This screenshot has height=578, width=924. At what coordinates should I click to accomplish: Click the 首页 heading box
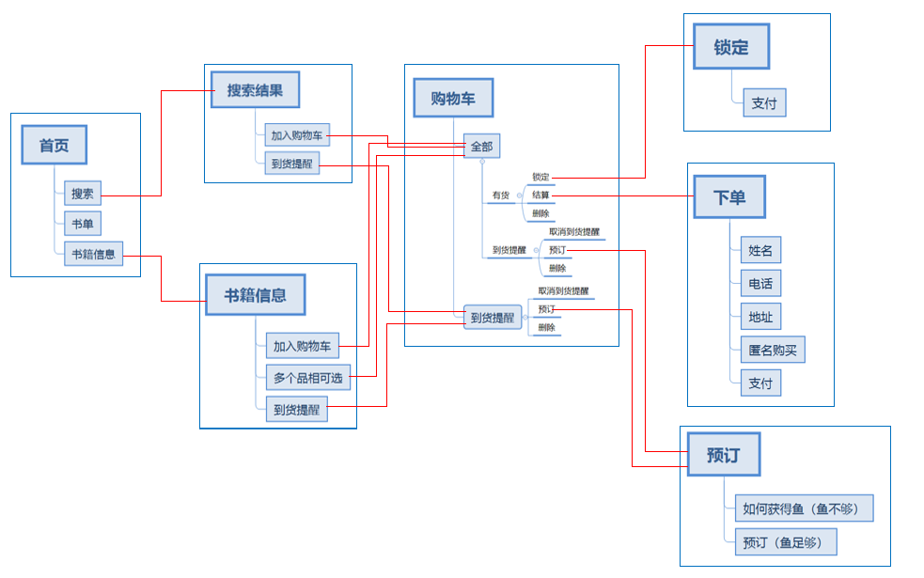click(55, 146)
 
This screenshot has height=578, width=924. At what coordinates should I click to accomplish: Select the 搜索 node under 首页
click(83, 195)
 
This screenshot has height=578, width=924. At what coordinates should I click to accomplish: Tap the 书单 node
click(83, 224)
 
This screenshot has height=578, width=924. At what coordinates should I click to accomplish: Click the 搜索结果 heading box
click(255, 91)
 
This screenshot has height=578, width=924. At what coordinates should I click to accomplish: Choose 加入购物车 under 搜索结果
click(296, 135)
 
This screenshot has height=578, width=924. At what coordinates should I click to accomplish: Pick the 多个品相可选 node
click(307, 379)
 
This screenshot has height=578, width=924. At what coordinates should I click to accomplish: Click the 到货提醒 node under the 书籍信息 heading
click(296, 409)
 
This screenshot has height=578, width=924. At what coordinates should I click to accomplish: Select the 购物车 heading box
click(453, 99)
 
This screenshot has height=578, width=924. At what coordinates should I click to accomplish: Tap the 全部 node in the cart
click(481, 147)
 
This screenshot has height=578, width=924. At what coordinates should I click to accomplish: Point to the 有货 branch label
click(501, 195)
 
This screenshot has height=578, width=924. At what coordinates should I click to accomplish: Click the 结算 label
click(540, 195)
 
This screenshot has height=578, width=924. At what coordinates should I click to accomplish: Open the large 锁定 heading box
click(730, 47)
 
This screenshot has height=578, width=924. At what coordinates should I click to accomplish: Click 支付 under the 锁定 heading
click(763, 103)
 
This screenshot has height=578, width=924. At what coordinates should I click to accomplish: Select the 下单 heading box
click(728, 197)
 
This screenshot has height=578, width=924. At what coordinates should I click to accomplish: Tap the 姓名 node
click(760, 250)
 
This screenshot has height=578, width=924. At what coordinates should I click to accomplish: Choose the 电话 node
click(760, 284)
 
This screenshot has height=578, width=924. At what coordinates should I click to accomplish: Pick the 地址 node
click(760, 317)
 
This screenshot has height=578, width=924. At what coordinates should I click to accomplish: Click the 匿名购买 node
click(772, 351)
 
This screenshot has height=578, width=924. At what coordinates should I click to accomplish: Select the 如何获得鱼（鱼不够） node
click(804, 509)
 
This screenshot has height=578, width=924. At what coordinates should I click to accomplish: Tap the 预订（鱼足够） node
click(785, 542)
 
